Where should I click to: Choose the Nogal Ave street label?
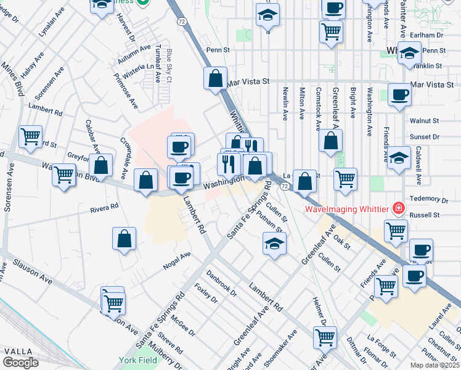[177, 261]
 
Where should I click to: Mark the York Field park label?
[139, 359]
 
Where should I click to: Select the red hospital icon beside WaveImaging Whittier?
[399, 209]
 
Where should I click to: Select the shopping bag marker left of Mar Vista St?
[215, 78]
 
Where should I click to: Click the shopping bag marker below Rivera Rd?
[124, 239]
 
